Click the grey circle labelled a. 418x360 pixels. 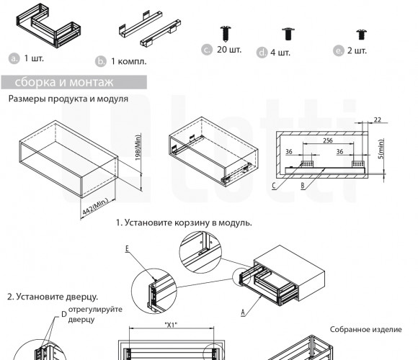(14, 58)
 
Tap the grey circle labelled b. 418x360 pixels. (101, 61)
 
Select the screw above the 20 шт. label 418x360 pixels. (226, 34)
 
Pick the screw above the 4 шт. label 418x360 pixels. (288, 34)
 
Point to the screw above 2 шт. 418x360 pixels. (361, 35)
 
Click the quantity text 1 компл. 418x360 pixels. (129, 61)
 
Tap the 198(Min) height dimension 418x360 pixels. (138, 148)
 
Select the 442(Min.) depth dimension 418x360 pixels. (95, 207)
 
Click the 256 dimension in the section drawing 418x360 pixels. (328, 140)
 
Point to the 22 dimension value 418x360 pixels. (377, 120)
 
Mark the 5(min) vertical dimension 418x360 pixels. (381, 149)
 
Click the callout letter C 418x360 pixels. (274, 186)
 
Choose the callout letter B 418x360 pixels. (303, 186)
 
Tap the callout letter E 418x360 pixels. (127, 248)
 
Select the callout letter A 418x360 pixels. (243, 312)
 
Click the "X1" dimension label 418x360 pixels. (171, 325)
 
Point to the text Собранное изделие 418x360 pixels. (366, 330)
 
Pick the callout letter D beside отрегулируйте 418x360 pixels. (64, 315)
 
